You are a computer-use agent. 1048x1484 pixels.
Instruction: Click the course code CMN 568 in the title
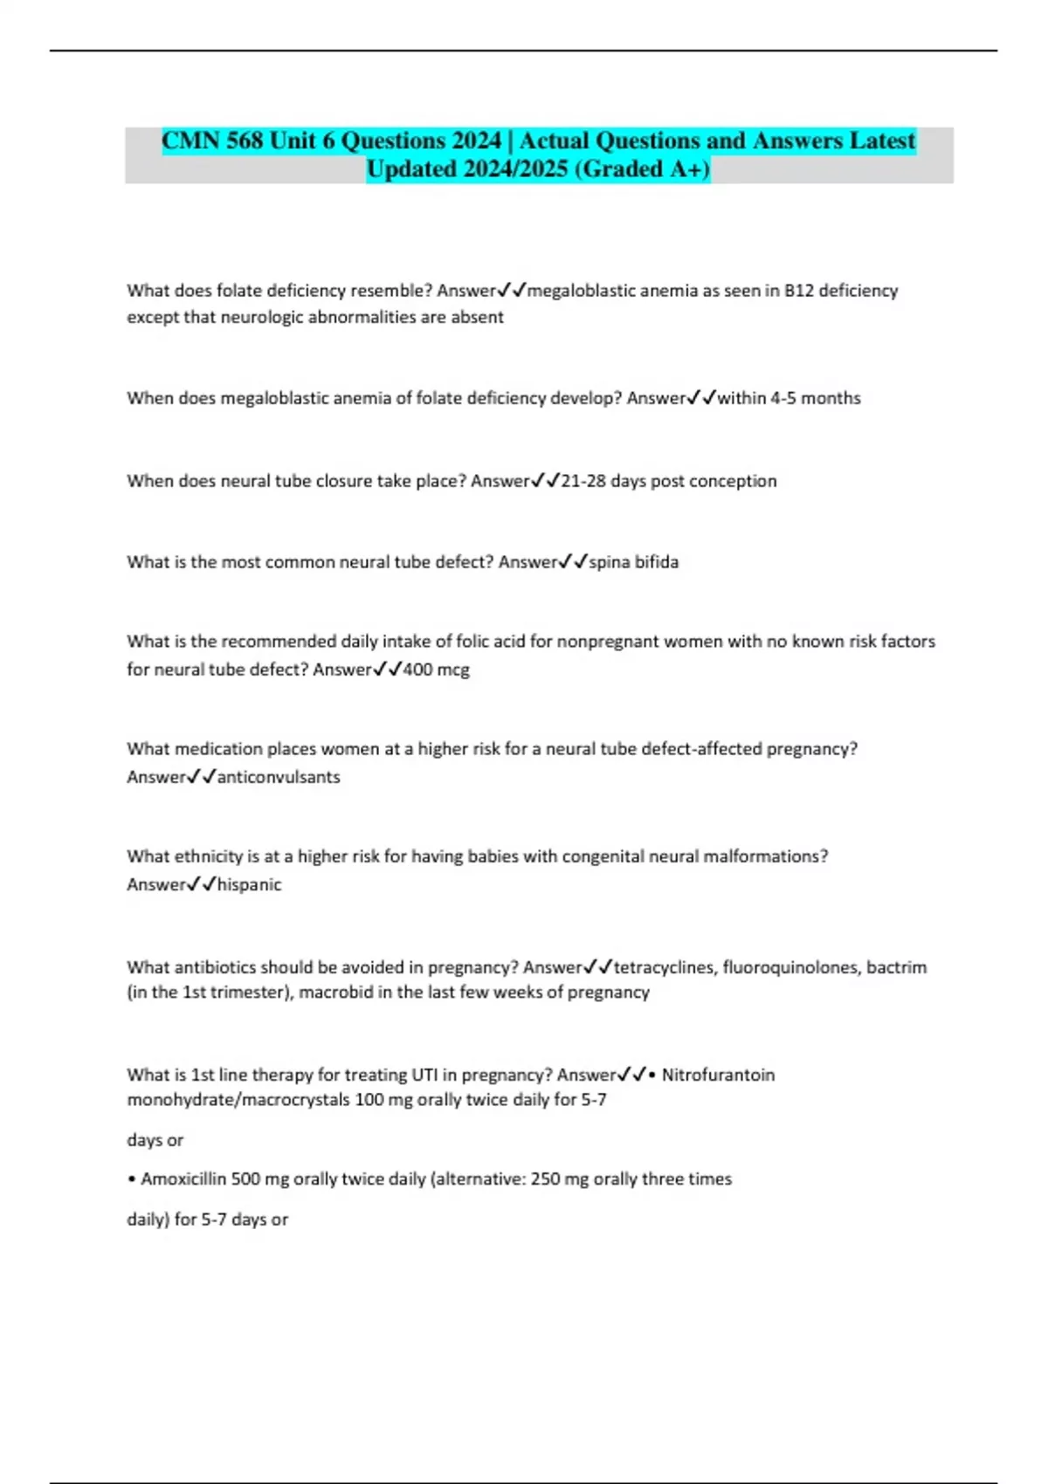point(212,141)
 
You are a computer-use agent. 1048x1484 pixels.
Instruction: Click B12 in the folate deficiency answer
point(799,291)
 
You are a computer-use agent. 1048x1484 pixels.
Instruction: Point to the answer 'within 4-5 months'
point(789,398)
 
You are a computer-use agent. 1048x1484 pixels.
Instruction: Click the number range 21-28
point(583,481)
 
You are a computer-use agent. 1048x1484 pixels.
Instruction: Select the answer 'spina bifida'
point(633,562)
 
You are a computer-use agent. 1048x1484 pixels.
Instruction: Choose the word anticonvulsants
point(279,777)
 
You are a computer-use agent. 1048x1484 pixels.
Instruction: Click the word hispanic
point(249,884)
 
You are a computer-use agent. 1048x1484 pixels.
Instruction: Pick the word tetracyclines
point(664,967)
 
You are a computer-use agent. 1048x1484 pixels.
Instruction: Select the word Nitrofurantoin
point(718,1075)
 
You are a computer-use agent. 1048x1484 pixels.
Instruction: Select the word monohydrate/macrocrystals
point(238,1100)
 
